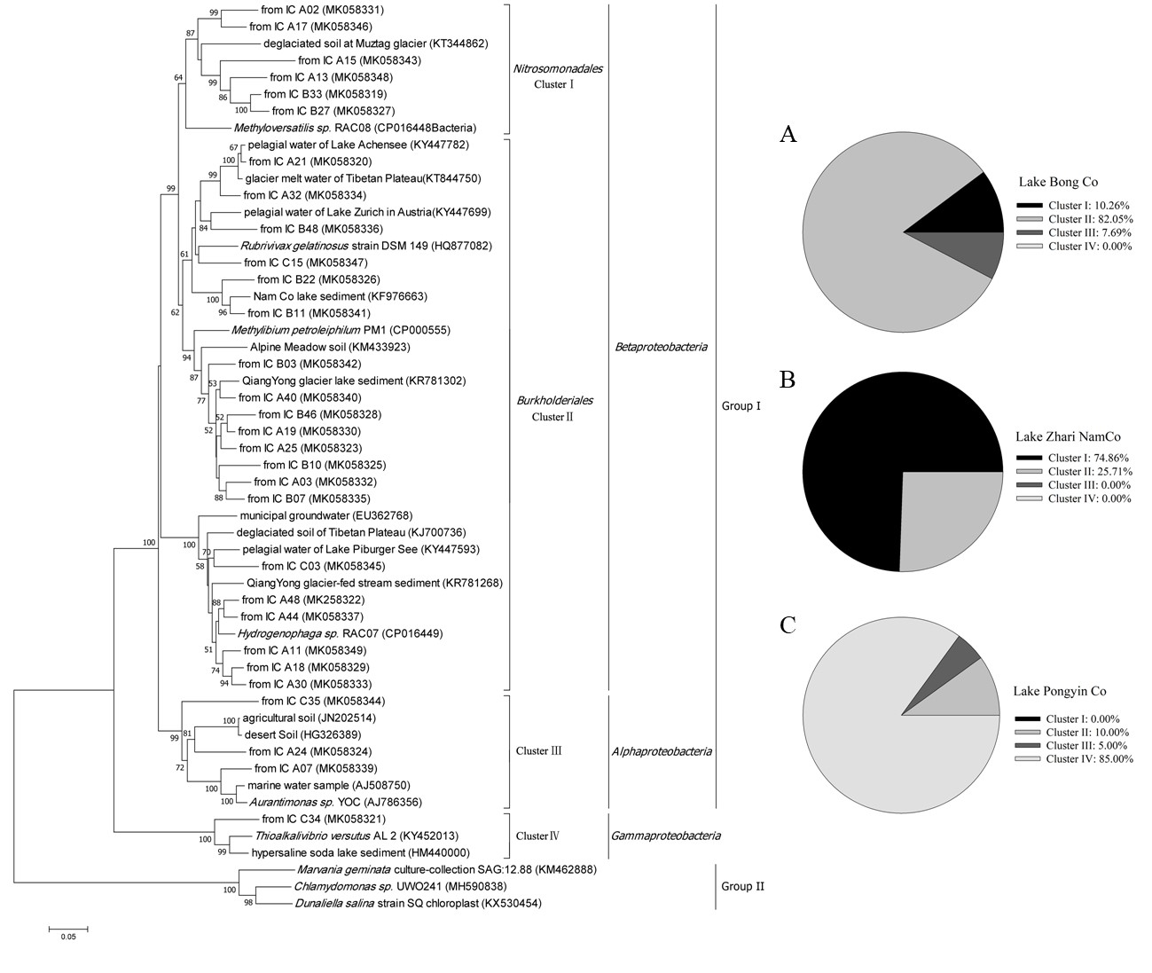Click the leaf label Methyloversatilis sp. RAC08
[355, 128]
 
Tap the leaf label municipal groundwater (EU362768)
[325, 515]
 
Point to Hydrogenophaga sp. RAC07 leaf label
[340, 633]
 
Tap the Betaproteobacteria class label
[660, 347]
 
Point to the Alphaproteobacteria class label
[662, 751]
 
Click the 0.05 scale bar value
[68, 937]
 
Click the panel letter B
[787, 381]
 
